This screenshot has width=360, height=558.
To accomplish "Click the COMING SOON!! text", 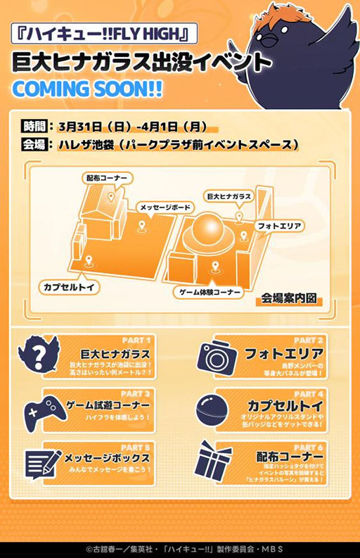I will point(88,91).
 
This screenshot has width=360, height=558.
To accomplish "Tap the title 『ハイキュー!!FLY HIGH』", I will point(103,32).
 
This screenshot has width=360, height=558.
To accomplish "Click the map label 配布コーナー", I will point(106,179).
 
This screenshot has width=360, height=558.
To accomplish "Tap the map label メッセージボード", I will point(165,208).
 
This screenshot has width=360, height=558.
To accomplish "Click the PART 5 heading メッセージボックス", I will point(107,457).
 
